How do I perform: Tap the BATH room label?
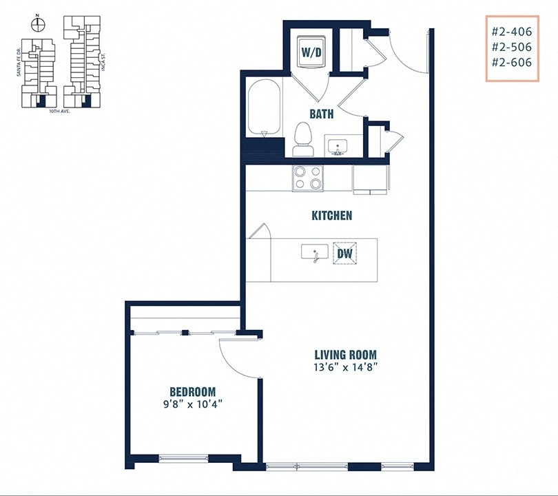(x=321, y=114)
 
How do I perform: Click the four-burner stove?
(x=307, y=178)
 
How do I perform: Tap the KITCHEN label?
(x=331, y=216)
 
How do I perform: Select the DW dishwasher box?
(x=344, y=254)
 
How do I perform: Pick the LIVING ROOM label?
(x=344, y=355)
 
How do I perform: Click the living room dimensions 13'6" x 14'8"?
(x=344, y=367)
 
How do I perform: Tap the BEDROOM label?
(x=194, y=391)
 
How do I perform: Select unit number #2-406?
(x=512, y=32)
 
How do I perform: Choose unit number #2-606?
(x=512, y=62)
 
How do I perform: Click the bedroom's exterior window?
(x=183, y=458)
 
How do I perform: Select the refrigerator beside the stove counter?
(x=371, y=179)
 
